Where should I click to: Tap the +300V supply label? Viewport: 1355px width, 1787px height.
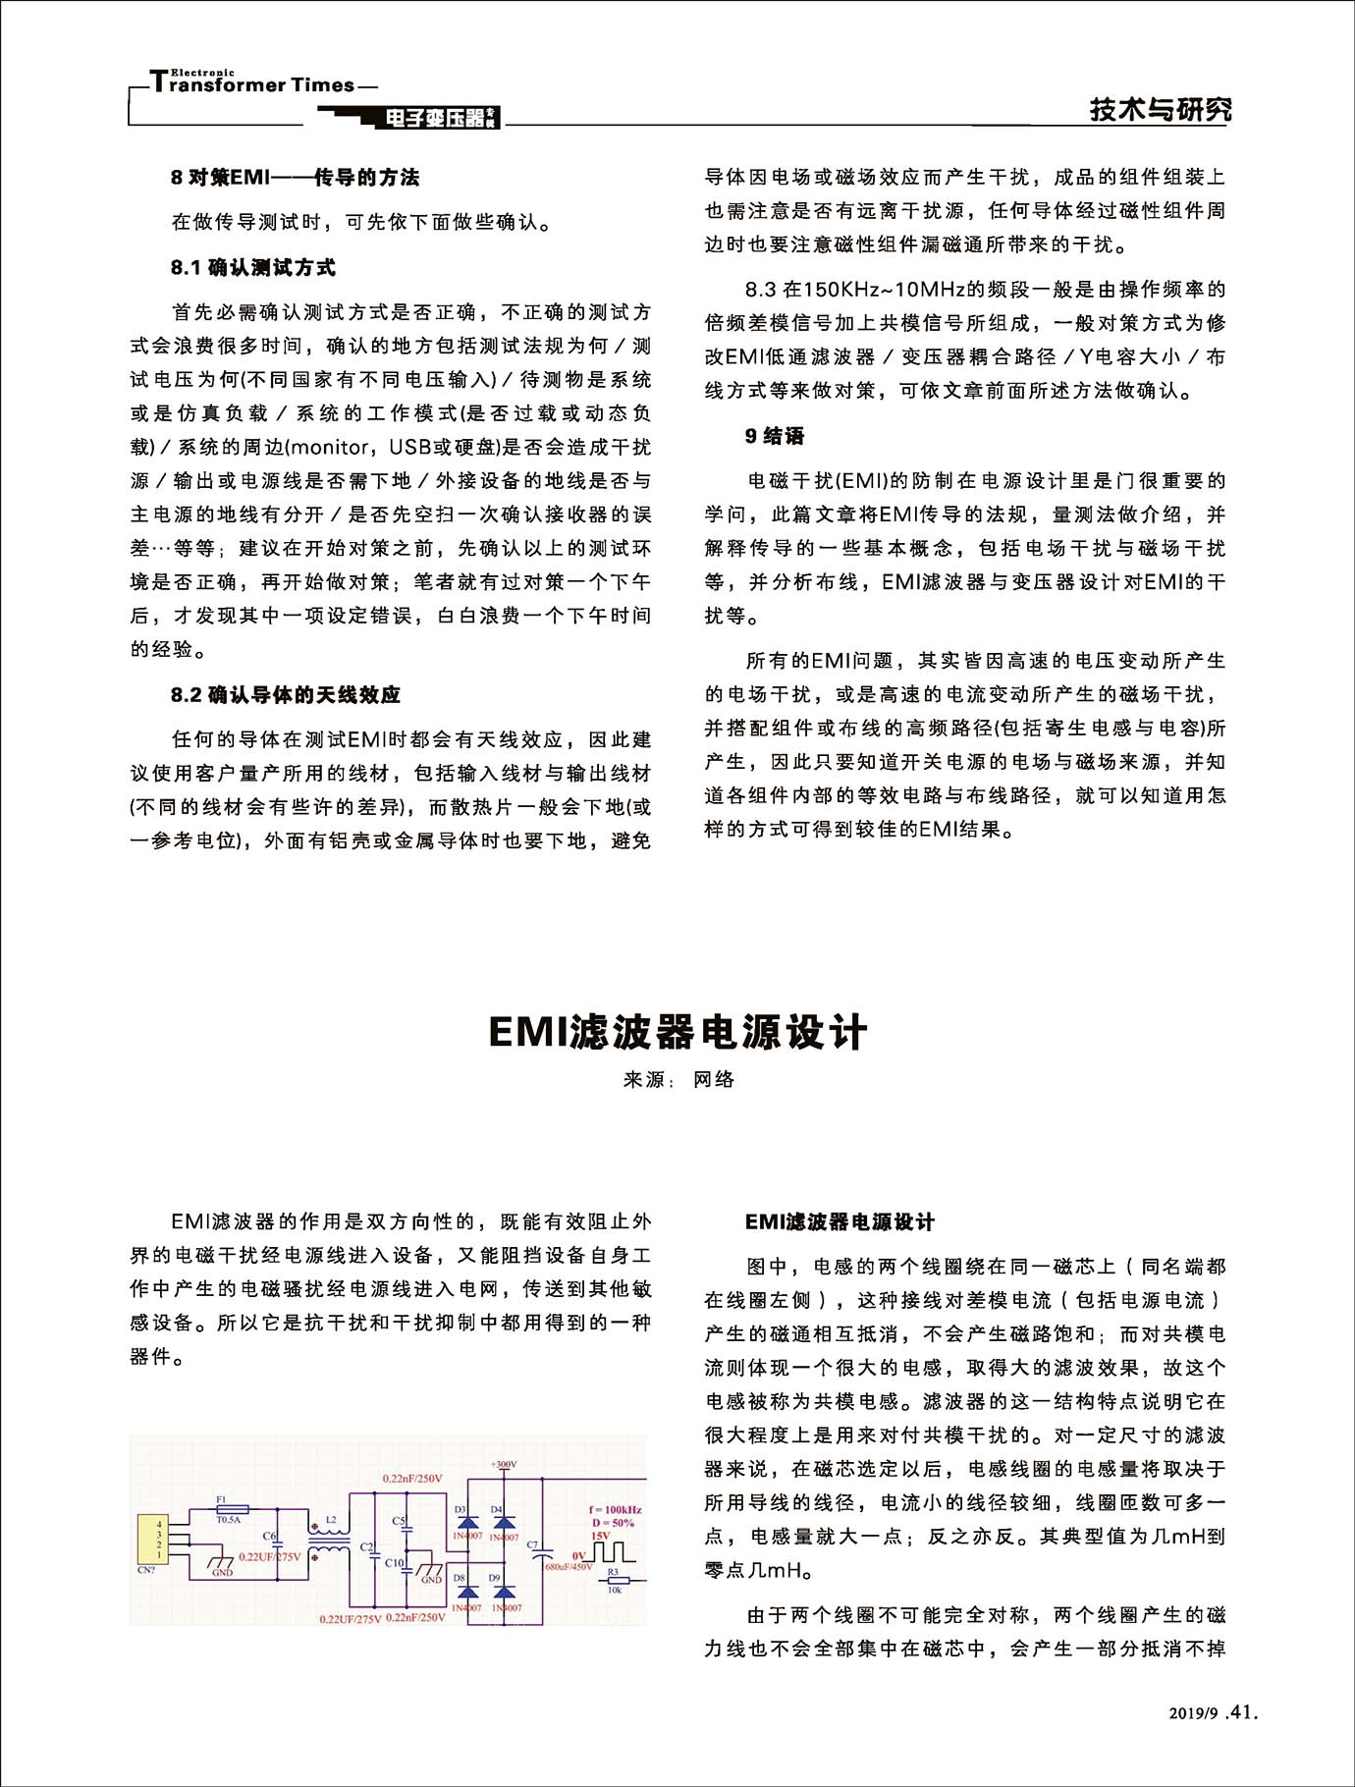click(504, 1465)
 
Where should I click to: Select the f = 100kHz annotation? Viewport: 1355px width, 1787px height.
click(616, 1509)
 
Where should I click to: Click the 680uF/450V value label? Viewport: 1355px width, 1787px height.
click(569, 1567)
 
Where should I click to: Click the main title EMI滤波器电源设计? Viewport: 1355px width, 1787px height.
click(677, 1033)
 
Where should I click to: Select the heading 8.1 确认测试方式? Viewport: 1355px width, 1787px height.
click(253, 267)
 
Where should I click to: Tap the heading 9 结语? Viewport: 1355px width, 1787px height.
click(775, 436)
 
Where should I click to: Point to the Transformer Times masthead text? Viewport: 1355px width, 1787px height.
click(260, 84)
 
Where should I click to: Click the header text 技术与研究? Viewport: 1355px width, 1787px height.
click(1161, 109)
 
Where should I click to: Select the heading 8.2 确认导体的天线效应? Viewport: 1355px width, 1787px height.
click(286, 695)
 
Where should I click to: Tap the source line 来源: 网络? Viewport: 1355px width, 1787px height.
click(678, 1080)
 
